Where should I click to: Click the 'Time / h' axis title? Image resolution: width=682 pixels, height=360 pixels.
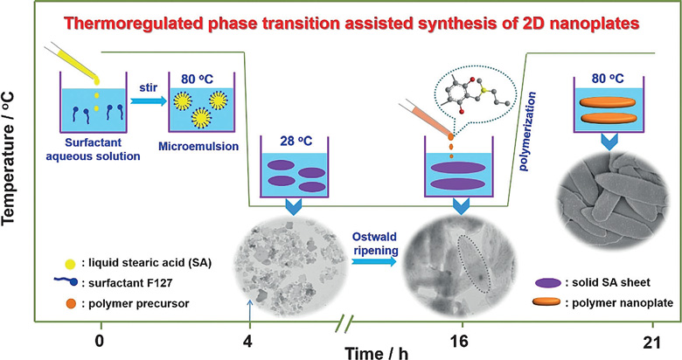377,352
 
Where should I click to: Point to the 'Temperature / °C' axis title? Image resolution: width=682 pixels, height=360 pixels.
9,159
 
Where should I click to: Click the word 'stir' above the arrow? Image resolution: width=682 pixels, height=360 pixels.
149,89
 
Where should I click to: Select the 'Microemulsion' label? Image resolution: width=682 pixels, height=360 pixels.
198,146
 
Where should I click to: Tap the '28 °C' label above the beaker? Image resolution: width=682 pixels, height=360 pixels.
296,142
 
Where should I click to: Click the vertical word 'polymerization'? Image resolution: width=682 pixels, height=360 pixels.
526,131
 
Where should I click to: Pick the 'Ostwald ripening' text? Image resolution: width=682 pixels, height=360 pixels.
374,244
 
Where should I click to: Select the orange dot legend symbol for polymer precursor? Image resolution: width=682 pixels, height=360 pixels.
71,303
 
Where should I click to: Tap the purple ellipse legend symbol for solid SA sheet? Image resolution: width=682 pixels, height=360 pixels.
548,283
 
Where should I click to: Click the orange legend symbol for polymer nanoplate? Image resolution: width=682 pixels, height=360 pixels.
547,302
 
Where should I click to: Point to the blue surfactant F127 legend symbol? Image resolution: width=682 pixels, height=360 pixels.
66,281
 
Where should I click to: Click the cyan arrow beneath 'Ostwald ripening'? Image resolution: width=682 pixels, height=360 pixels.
374,261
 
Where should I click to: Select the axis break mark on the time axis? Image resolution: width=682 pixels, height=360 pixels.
343,323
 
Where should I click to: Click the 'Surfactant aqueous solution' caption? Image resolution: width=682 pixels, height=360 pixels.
93,149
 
